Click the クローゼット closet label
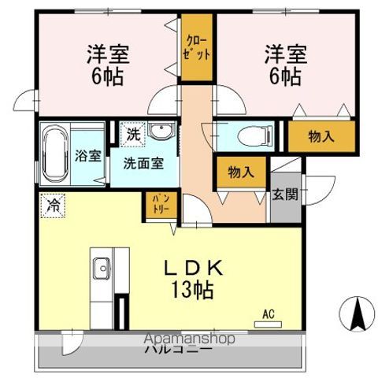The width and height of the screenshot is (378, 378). (x=198, y=48)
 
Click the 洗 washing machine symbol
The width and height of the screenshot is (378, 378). (x=134, y=134)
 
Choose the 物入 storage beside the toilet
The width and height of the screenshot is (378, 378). (x=321, y=136)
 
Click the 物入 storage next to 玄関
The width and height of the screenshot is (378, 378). (x=240, y=172)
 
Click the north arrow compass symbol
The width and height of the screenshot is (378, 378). (x=356, y=315)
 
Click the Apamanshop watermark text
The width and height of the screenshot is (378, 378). (x=190, y=339)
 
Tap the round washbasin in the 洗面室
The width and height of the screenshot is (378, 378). (x=162, y=131)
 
